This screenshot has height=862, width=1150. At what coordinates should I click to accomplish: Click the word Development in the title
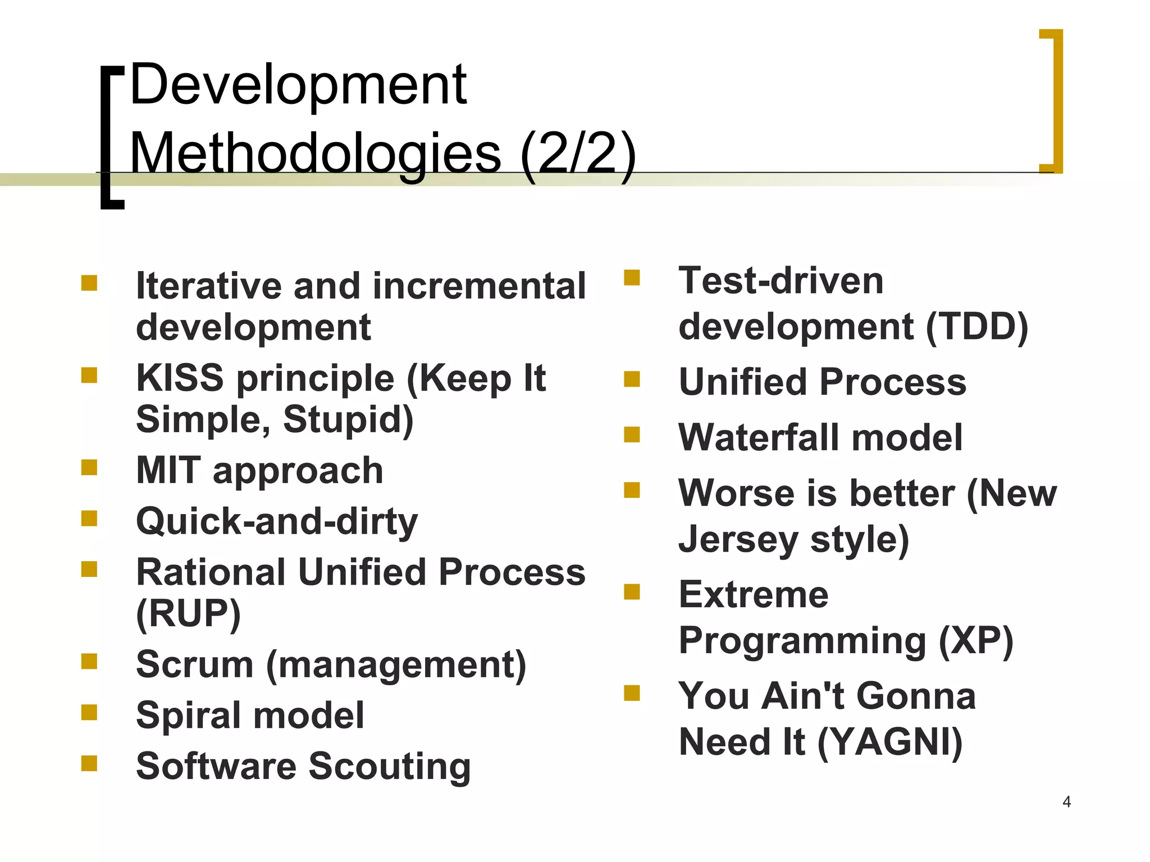click(x=298, y=85)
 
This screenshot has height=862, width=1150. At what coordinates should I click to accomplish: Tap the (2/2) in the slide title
click(x=578, y=153)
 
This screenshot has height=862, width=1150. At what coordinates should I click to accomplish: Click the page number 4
click(x=1066, y=802)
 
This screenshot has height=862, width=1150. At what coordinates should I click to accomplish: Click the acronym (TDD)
click(x=976, y=327)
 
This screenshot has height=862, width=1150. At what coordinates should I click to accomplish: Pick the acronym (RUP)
click(x=188, y=613)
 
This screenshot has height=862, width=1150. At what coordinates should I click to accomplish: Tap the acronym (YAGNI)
click(x=890, y=742)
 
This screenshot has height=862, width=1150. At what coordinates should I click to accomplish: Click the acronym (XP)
click(x=976, y=640)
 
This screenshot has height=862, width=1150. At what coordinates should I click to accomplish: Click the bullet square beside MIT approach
click(x=89, y=467)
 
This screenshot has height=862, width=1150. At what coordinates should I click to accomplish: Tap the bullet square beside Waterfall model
click(x=632, y=434)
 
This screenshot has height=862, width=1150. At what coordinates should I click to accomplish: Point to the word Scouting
click(x=390, y=767)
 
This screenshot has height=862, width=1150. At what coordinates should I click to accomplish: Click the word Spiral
click(x=188, y=716)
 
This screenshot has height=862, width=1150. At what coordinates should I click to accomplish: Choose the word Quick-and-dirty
click(x=277, y=521)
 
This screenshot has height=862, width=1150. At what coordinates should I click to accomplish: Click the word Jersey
click(x=738, y=540)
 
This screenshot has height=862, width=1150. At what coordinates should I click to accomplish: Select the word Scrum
click(x=194, y=664)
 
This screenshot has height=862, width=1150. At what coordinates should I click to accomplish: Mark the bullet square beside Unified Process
click(x=632, y=379)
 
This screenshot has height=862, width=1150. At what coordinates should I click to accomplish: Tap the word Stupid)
click(x=348, y=419)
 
